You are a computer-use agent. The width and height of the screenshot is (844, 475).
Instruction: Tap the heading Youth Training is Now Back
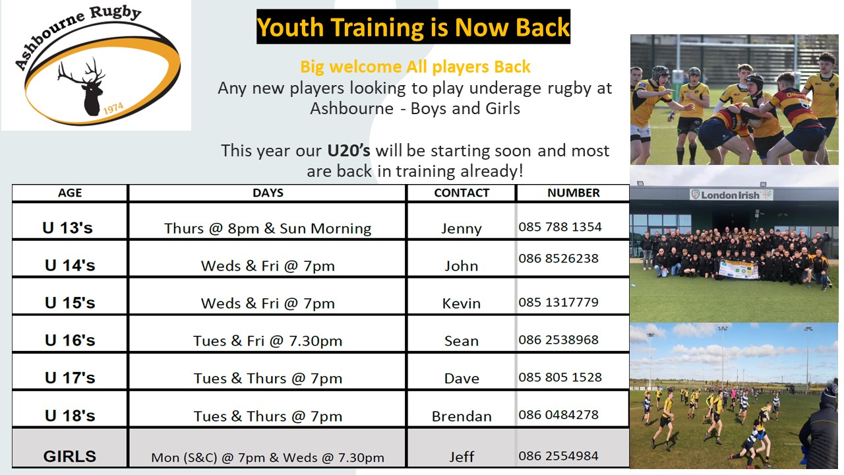(413, 27)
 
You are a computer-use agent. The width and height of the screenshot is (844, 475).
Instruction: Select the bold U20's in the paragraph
(349, 150)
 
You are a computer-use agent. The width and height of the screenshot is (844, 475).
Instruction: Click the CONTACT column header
(462, 193)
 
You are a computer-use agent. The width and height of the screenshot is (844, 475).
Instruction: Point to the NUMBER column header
(574, 193)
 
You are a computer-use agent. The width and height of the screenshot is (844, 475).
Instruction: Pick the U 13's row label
(67, 228)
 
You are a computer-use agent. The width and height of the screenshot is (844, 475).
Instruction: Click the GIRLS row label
(70, 457)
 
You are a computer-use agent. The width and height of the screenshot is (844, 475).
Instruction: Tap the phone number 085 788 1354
(560, 227)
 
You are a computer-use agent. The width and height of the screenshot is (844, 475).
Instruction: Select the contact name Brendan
(462, 416)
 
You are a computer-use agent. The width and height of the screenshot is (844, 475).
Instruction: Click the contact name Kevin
(462, 303)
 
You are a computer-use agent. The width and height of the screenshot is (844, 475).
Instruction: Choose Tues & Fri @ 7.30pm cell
(268, 341)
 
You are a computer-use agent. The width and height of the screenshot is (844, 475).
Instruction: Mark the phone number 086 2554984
(558, 456)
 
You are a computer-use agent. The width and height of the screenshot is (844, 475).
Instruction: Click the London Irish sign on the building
(731, 195)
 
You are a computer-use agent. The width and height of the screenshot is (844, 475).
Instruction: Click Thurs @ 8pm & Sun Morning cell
(268, 228)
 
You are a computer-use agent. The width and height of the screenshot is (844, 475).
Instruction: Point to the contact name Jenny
(462, 228)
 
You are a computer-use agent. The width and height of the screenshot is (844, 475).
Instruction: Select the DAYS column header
(268, 193)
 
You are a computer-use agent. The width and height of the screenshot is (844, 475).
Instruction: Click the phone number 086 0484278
(558, 415)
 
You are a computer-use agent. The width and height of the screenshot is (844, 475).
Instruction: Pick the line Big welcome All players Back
(415, 67)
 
